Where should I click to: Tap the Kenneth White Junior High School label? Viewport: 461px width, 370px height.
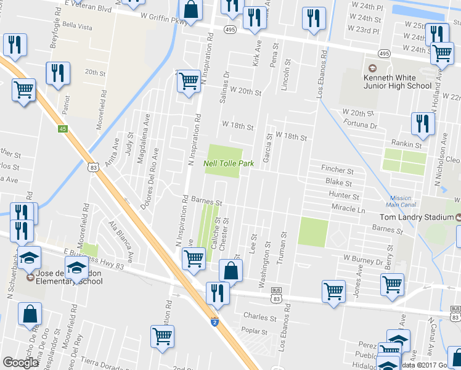[397, 81]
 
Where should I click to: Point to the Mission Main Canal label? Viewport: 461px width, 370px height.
[401, 202]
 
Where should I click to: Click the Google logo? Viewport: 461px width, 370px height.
[20, 363]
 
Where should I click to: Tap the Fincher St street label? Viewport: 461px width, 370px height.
[337, 170]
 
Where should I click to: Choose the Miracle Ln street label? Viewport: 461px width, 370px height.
[348, 210]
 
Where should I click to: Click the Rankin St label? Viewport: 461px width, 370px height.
[409, 145]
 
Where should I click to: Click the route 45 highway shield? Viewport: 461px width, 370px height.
[62, 128]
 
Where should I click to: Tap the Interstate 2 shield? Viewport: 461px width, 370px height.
[214, 322]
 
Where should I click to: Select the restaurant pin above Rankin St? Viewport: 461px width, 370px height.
[423, 123]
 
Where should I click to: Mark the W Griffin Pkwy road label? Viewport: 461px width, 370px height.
[163, 18]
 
